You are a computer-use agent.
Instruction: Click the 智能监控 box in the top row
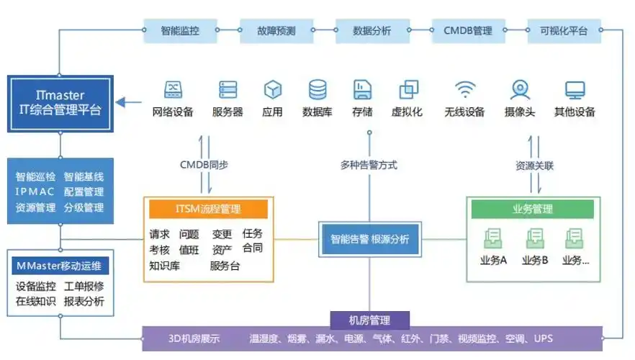pyautogui.click(x=180, y=30)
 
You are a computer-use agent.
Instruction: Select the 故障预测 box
pyautogui.click(x=276, y=30)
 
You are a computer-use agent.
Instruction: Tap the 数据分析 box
pyautogui.click(x=372, y=30)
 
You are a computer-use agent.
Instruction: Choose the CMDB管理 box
pyautogui.click(x=468, y=30)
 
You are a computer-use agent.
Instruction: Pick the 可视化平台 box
pyautogui.click(x=564, y=30)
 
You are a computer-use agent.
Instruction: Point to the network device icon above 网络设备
pyautogui.click(x=173, y=89)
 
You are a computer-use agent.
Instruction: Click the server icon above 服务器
pyautogui.click(x=228, y=89)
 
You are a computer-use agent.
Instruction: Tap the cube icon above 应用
pyautogui.click(x=272, y=89)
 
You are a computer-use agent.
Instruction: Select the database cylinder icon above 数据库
pyautogui.click(x=317, y=89)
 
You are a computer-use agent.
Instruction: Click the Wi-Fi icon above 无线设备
pyautogui.click(x=465, y=89)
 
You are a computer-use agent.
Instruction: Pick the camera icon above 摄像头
pyautogui.click(x=519, y=89)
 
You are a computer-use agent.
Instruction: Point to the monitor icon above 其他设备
pyautogui.click(x=575, y=89)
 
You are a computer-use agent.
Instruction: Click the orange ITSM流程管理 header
pyautogui.click(x=208, y=210)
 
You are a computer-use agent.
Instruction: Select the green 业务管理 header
pyautogui.click(x=532, y=209)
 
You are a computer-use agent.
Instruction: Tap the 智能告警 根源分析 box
pyautogui.click(x=370, y=239)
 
